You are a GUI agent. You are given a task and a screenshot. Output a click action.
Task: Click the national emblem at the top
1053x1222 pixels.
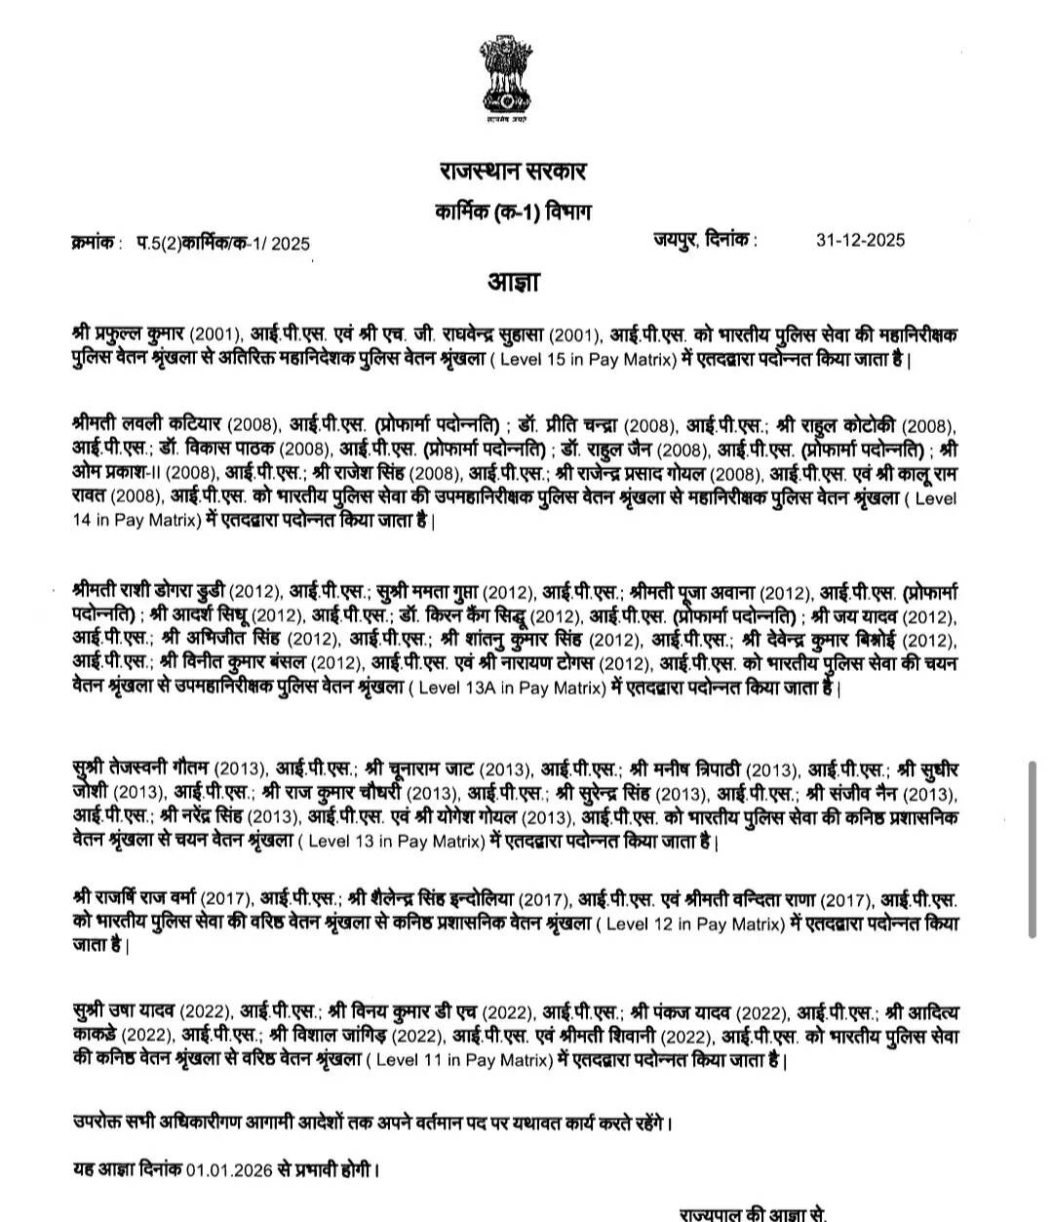coord(507,78)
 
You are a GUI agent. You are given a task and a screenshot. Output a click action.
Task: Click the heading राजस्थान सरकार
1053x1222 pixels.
coord(512,173)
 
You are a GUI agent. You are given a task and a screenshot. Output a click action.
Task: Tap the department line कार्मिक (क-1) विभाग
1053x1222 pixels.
coord(512,212)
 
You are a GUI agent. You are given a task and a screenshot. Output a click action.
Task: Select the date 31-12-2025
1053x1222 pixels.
coord(860,240)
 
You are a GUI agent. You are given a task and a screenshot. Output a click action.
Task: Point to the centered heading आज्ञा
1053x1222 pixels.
coord(513,283)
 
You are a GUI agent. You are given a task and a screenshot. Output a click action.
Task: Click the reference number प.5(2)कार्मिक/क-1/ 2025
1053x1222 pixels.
coord(223,243)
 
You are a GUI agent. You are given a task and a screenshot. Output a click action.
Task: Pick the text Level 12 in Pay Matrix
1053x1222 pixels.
coord(694,923)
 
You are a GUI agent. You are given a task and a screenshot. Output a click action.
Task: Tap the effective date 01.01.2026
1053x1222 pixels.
coord(235,1167)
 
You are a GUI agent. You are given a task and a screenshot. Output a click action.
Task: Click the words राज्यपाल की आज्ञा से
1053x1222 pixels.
coord(753,1214)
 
